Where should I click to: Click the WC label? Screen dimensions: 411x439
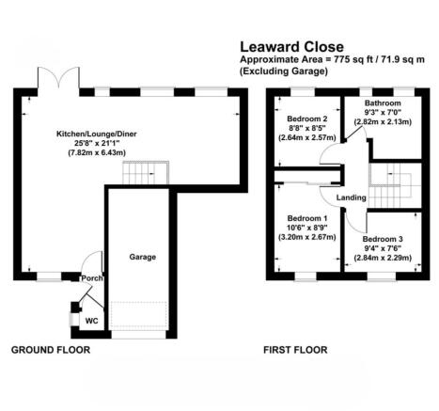pyautogui.click(x=91, y=320)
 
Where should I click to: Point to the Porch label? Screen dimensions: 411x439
pyautogui.click(x=91, y=277)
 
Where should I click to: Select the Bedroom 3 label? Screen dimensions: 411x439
pyautogui.click(x=382, y=238)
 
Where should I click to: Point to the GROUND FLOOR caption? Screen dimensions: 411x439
pyautogui.click(x=51, y=350)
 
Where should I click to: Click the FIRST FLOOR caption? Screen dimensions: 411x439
pyautogui.click(x=296, y=350)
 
